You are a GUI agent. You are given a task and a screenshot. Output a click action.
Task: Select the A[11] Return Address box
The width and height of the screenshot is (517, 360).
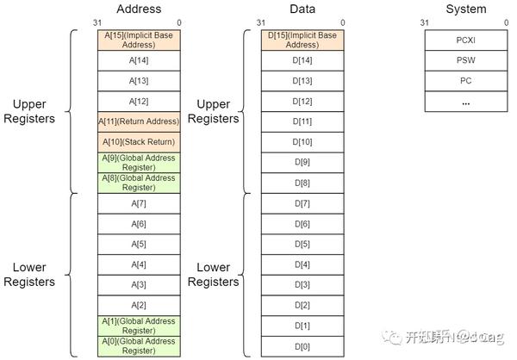pos(138,121)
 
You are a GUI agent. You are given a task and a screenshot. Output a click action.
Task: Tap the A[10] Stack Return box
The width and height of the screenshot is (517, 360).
pos(138,141)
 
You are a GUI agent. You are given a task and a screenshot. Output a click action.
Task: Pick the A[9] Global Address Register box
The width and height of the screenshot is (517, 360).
pos(138,162)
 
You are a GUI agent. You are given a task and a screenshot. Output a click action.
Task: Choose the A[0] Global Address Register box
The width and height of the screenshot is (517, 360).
pos(138,346)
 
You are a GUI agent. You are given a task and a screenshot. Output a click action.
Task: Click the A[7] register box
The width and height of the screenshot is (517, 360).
pos(138,203)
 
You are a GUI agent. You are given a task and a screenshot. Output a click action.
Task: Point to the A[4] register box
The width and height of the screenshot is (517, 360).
pos(138,264)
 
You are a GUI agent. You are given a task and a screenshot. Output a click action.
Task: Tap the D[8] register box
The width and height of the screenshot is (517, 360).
pos(302,183)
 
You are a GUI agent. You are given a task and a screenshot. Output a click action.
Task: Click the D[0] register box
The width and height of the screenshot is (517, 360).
pos(302,346)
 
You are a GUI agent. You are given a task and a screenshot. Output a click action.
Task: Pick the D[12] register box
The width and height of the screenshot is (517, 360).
pos(302,101)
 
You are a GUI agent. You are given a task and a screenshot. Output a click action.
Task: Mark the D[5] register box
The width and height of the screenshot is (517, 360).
pos(302,244)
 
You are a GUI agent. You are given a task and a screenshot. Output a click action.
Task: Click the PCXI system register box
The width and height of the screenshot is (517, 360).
pos(465,40)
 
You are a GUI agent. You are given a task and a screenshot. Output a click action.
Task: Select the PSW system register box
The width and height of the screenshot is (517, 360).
pos(465,61)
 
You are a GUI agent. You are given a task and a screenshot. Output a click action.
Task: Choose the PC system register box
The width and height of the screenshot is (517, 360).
pos(465,81)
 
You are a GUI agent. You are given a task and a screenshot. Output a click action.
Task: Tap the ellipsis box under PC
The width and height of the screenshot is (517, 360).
pos(465,102)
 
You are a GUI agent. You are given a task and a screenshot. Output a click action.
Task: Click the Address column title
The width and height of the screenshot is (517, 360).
pos(139,9)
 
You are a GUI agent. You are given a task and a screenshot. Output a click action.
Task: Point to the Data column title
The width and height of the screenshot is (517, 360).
pos(302,9)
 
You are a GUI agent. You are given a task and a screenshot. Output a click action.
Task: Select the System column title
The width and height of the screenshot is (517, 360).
pos(465,9)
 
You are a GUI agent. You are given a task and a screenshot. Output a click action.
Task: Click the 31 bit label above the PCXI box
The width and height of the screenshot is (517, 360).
pos(424,22)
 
